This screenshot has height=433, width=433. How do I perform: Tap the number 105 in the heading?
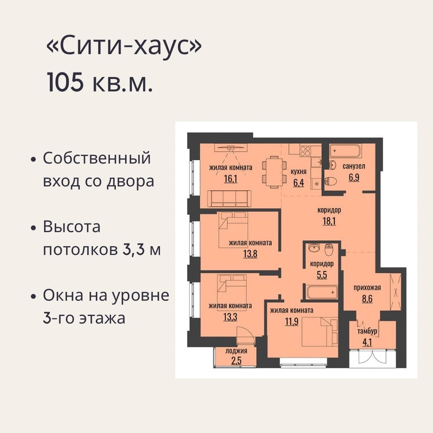click(x=65, y=82)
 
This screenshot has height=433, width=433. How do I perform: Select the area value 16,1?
click(x=231, y=179)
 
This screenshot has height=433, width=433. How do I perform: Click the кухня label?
click(x=299, y=172)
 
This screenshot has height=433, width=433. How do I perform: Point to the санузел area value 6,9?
click(x=354, y=178)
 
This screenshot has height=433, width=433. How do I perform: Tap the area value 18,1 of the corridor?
click(x=329, y=221)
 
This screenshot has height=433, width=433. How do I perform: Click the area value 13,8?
click(x=250, y=253)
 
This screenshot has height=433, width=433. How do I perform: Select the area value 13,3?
click(x=230, y=317)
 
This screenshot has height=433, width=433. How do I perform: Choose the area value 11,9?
click(x=292, y=322)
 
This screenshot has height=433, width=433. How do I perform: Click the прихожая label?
click(x=368, y=288)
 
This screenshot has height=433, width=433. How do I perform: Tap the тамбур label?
click(x=368, y=331)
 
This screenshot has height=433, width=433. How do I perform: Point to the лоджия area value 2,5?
click(x=236, y=360)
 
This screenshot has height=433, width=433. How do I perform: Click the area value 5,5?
click(x=322, y=275)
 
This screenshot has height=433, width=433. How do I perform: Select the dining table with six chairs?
click(x=274, y=172)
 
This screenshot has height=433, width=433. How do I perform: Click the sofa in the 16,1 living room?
click(x=229, y=199)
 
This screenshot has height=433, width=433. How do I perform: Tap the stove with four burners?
click(x=305, y=151)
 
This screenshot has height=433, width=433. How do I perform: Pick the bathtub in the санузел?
click(x=345, y=150)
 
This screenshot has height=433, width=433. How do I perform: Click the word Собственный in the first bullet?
click(x=97, y=159)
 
